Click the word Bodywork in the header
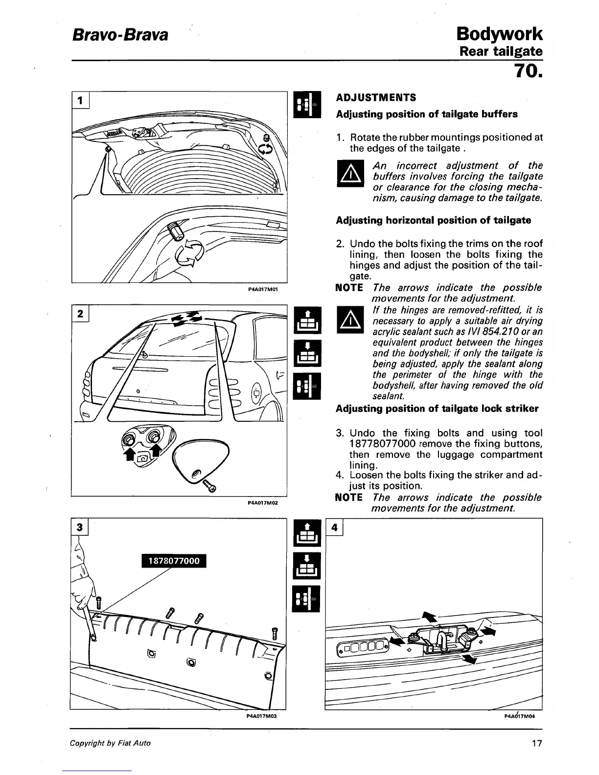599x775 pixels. (x=499, y=34)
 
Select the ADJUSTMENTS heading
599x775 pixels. (x=376, y=97)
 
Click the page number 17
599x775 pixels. (x=536, y=743)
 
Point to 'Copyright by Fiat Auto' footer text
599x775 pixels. (x=110, y=743)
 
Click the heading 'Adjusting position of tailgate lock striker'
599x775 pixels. (x=437, y=409)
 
